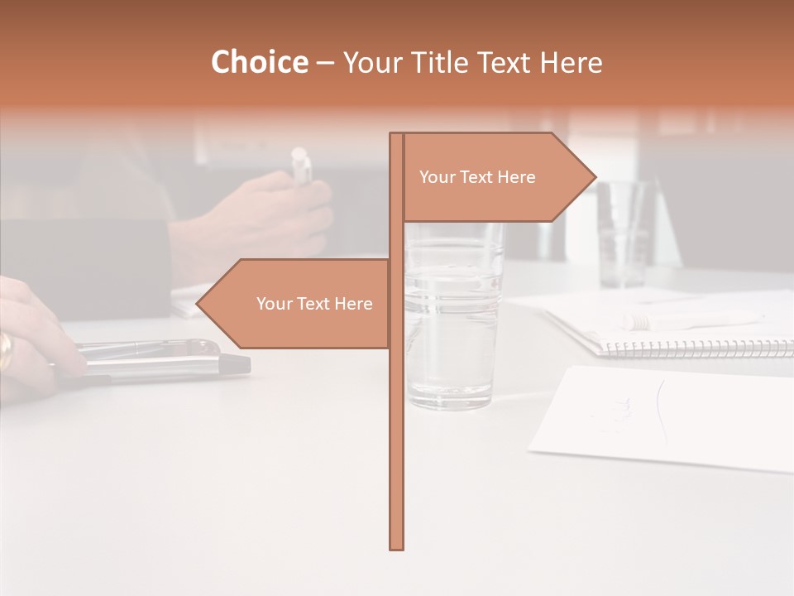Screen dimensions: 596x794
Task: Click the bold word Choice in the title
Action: pyautogui.click(x=259, y=63)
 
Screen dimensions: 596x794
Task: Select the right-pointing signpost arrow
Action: pyautogui.click(x=496, y=177)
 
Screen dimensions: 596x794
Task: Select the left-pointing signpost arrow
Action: pyautogui.click(x=298, y=304)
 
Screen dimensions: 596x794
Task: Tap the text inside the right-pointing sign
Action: pyautogui.click(x=477, y=177)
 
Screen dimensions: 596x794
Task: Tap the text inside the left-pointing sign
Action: pyautogui.click(x=314, y=304)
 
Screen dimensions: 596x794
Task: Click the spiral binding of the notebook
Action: pyautogui.click(x=695, y=348)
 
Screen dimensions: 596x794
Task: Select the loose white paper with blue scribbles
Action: pyautogui.click(x=662, y=418)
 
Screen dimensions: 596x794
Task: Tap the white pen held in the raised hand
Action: pyautogui.click(x=302, y=165)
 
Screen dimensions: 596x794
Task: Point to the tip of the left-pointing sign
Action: pyautogui.click(x=198, y=304)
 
